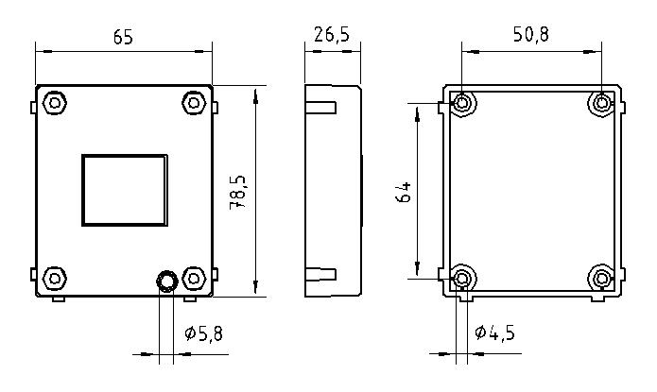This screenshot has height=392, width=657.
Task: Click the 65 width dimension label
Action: click(122, 37)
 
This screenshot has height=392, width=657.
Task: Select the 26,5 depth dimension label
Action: click(331, 35)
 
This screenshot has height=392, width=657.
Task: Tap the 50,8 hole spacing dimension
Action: click(530, 35)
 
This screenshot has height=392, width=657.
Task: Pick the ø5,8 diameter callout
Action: click(203, 333)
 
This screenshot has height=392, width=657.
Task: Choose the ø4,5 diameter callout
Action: click(494, 333)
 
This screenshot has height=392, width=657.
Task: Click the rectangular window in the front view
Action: click(126, 190)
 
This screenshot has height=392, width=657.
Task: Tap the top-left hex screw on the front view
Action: click(55, 102)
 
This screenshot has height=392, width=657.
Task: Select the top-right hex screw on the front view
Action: click(194, 102)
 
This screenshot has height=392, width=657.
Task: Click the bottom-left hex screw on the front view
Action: click(55, 278)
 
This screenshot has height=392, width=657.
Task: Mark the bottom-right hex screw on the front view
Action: click(194, 278)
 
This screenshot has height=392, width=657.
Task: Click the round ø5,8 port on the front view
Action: click(166, 281)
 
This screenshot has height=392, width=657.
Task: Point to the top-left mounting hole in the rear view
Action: click(462, 103)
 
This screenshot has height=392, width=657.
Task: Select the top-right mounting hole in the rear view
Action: click(602, 103)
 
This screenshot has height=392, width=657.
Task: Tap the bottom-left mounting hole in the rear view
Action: click(462, 278)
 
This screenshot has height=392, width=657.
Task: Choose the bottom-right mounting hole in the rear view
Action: click(602, 278)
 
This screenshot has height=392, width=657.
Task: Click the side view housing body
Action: click(340, 189)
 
